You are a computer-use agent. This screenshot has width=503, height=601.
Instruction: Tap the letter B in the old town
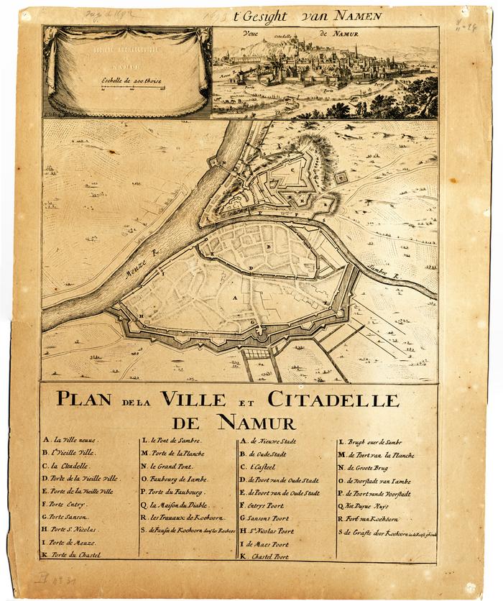tap(267, 247)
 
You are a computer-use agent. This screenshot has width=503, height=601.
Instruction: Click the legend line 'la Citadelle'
tap(67, 467)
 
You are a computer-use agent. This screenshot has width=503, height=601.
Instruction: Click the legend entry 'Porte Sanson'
tap(67, 517)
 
